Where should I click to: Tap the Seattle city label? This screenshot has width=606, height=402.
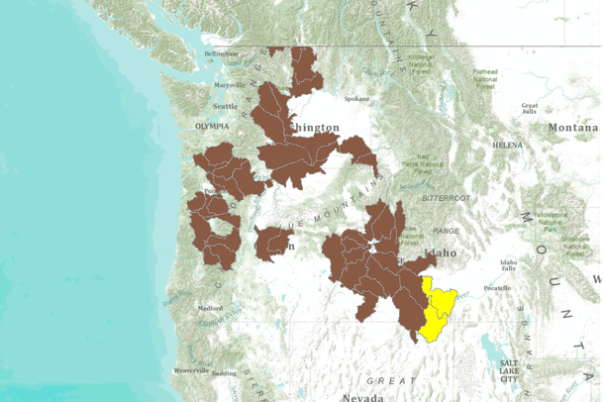click(226, 106)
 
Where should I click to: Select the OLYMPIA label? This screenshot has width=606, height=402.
click(212, 127)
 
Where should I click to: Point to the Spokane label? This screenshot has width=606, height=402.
click(356, 100)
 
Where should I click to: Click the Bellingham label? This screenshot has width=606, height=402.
click(223, 53)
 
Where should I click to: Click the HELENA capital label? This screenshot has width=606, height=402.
click(507, 145)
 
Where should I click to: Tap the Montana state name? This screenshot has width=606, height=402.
click(574, 128)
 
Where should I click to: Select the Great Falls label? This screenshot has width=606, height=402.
click(530, 109)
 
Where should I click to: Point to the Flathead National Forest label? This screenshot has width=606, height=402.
click(485, 79)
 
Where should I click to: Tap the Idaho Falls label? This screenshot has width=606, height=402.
click(509, 264)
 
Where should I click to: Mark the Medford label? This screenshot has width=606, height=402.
click(209, 308)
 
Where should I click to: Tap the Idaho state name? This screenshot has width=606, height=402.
click(440, 253)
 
